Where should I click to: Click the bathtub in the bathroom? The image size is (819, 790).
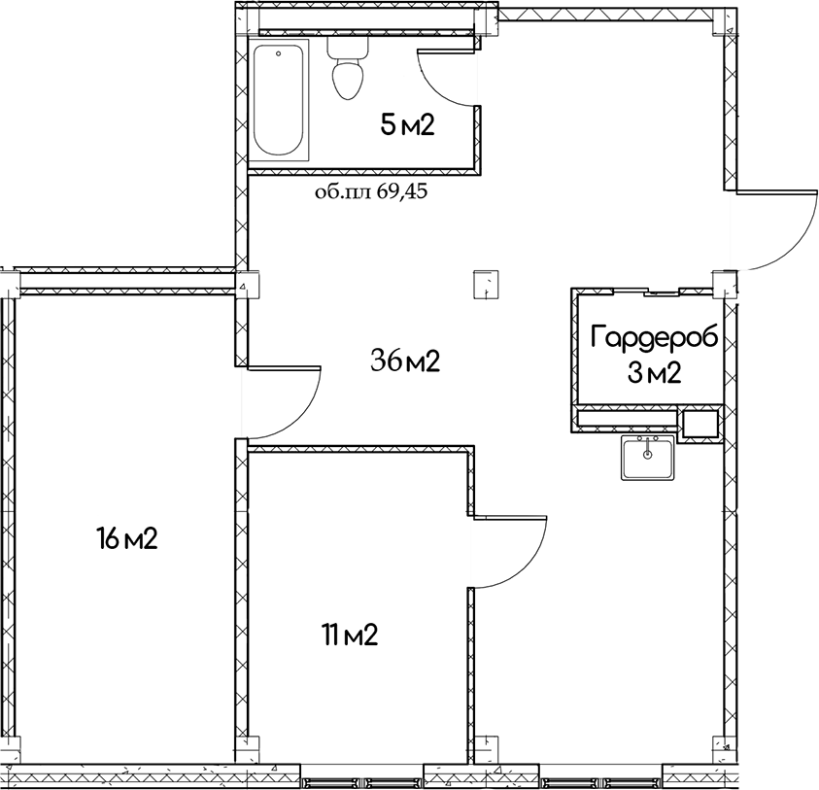pyautogui.click(x=279, y=99)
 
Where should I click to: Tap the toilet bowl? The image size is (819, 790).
pyautogui.click(x=347, y=80)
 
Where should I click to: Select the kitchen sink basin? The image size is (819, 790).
pyautogui.click(x=648, y=458)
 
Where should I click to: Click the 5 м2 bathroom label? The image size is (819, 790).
pyautogui.click(x=407, y=126)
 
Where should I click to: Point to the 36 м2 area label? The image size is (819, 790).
pyautogui.click(x=405, y=361)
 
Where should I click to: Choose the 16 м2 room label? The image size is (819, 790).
pyautogui.click(x=127, y=538)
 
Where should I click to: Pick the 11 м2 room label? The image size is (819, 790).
pyautogui.click(x=350, y=635)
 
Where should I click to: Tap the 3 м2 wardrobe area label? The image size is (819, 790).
pyautogui.click(x=655, y=373)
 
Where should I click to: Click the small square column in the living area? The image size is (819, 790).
pyautogui.click(x=486, y=286)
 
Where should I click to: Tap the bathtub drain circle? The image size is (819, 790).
pyautogui.click(x=279, y=52)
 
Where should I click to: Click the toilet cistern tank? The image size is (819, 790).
pyautogui.click(x=347, y=48)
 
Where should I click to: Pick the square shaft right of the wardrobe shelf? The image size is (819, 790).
pyautogui.click(x=700, y=424)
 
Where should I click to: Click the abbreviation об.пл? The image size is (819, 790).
pyautogui.click(x=343, y=192)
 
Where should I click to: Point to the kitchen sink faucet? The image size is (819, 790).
pyautogui.click(x=648, y=446)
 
